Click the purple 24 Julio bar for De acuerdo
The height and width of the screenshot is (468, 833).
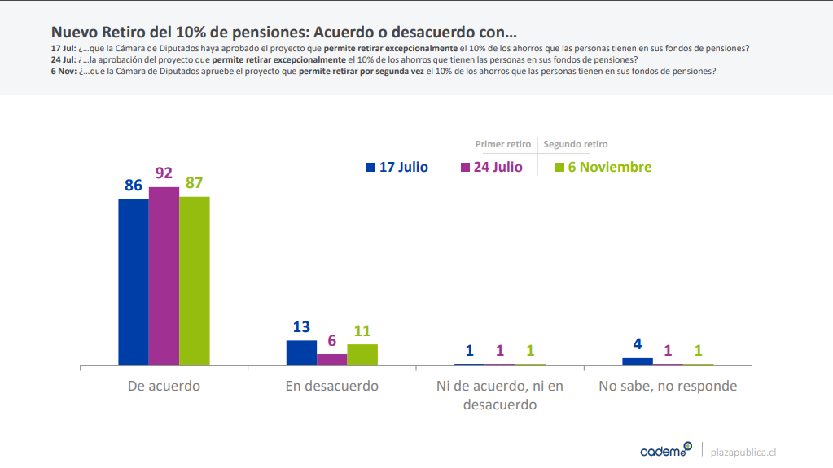164,277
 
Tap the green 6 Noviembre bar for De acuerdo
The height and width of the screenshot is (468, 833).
194,281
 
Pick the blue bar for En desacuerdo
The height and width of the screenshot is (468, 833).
301,353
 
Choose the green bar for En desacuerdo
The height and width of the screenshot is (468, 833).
362,355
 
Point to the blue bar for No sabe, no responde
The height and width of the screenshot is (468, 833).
638,361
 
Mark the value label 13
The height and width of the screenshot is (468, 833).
301,327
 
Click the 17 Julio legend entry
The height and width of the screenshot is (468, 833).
397,167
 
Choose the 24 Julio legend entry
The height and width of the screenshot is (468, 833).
491,167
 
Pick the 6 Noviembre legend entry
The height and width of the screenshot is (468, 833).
603,167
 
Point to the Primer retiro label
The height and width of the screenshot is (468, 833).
502,144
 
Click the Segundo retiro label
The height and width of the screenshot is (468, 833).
576,144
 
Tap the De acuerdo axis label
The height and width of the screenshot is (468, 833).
164,386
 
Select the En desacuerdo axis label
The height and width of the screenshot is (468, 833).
331,386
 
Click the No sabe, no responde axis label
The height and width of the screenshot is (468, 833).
668,386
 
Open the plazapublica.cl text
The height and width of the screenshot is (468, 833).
743,451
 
